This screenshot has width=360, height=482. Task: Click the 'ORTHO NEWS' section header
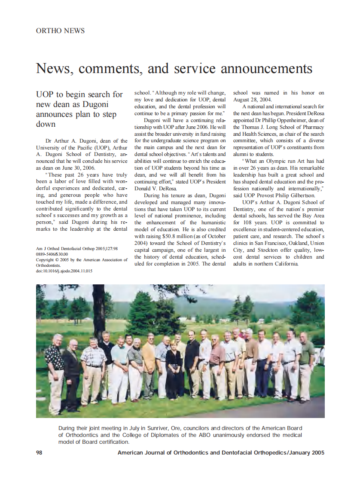point(61,31)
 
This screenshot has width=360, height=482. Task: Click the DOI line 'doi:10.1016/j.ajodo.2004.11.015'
point(64,271)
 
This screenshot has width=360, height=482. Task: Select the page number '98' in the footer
point(39,453)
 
